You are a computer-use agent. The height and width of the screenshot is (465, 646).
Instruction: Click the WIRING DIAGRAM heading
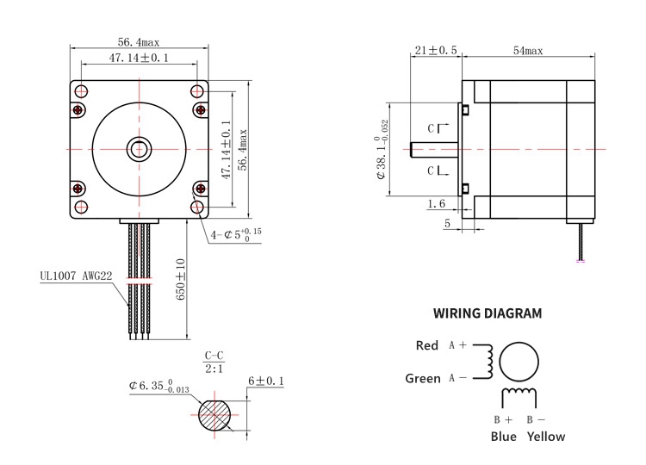488,313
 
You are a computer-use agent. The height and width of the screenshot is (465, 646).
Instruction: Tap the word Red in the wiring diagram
427,345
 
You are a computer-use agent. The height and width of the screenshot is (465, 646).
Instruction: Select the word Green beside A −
423,378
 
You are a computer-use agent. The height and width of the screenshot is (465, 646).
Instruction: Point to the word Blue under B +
504,437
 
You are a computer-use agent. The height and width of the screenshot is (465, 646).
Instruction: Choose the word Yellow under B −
546,437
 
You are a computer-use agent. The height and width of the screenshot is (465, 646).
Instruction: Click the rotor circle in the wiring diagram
519,362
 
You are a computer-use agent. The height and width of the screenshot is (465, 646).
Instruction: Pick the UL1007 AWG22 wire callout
76,276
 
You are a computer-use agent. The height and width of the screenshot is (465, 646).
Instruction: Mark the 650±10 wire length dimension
181,279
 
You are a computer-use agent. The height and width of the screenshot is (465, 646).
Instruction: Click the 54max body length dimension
528,51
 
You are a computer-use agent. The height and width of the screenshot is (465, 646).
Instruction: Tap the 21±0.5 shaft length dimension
436,50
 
